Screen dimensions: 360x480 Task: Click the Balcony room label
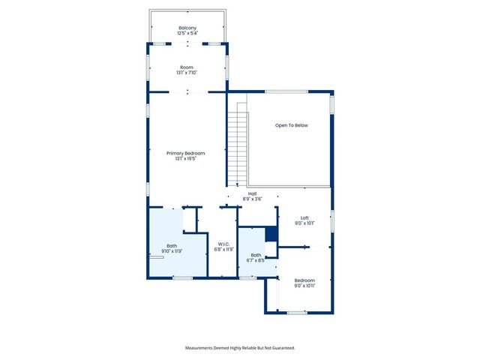tap(187, 28)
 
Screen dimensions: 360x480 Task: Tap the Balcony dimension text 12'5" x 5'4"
tap(187, 34)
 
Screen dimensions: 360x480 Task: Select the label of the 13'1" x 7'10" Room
tap(186, 67)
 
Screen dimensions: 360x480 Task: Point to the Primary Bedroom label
tap(185, 153)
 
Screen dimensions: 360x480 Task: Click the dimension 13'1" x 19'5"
tap(185, 159)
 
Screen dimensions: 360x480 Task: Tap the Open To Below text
tap(291, 125)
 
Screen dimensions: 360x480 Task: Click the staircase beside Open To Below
tap(236, 146)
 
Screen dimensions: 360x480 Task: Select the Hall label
tap(253, 193)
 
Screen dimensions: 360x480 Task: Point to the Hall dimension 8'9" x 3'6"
tap(253, 199)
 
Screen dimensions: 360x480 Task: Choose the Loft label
tap(304, 217)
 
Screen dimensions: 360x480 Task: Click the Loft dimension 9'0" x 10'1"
tap(304, 223)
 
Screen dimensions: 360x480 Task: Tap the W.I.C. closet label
tap(223, 244)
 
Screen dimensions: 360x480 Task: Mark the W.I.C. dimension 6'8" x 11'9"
tap(223, 250)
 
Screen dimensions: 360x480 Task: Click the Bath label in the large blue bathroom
tap(172, 245)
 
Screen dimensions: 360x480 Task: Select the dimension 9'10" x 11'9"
tap(172, 251)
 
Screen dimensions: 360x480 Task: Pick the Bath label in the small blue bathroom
tap(256, 255)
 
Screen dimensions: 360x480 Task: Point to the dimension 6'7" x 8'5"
tap(256, 261)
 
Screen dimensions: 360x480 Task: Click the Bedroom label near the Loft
tap(304, 280)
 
